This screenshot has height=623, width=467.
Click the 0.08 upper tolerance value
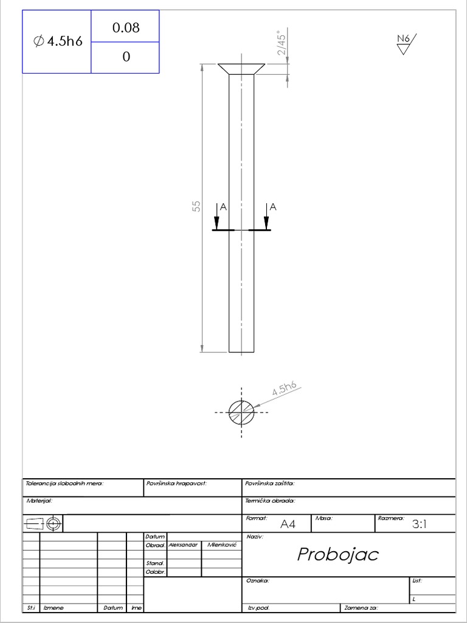126,27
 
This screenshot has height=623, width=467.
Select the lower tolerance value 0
126,57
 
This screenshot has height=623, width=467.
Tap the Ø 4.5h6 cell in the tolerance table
58,41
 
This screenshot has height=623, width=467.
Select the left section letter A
223,207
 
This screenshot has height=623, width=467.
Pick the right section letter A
272,207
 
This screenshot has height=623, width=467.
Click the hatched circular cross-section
241,412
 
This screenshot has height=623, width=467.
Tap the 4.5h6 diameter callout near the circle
284,389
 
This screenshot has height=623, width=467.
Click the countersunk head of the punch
241,69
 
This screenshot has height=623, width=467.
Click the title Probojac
337,554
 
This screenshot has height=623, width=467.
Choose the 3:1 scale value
420,524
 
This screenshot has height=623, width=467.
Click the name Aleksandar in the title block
183,545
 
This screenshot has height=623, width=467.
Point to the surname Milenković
221,545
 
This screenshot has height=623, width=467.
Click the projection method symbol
43,523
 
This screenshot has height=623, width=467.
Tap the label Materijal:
40,501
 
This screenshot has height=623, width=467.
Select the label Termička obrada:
270,501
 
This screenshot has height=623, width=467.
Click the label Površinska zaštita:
270,484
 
